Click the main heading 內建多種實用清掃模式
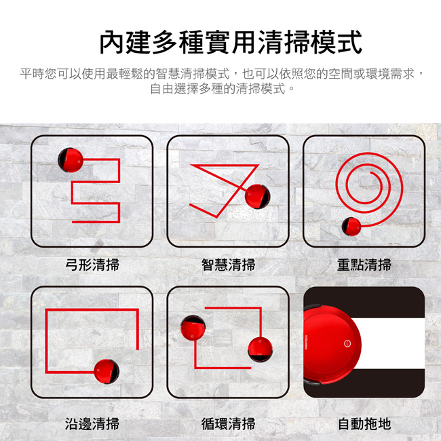pyautogui.click(x=231, y=42)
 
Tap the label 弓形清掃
pyautogui.click(x=92, y=265)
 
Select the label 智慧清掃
pyautogui.click(x=228, y=265)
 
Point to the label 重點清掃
pyautogui.click(x=364, y=265)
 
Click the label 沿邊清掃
pyautogui.click(x=92, y=423)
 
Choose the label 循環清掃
pyautogui.click(x=228, y=423)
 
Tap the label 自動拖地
pyautogui.click(x=364, y=423)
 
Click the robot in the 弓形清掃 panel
pyautogui.click(x=71, y=159)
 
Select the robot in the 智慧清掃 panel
pyautogui.click(x=257, y=197)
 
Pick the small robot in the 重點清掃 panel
pyautogui.click(x=351, y=227)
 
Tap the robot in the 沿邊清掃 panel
pyautogui.click(x=107, y=372)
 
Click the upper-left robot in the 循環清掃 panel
pyautogui.click(x=193, y=328)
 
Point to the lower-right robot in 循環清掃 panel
pyautogui.click(x=260, y=349)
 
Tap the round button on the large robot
pyautogui.click(x=347, y=343)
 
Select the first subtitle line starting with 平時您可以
pyautogui.click(x=222, y=74)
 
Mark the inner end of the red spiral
pyautogui.click(x=370, y=172)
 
